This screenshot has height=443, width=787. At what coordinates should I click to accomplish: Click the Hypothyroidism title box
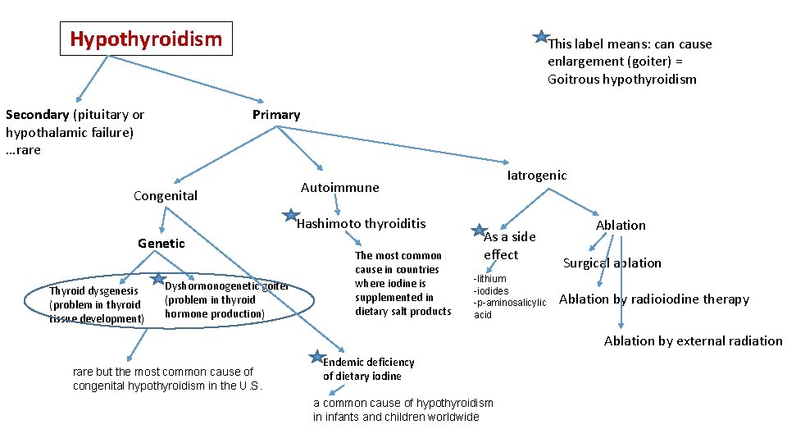(x=146, y=39)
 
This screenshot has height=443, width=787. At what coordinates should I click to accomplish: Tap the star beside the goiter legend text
(x=541, y=37)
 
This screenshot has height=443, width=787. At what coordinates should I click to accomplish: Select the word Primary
(x=276, y=115)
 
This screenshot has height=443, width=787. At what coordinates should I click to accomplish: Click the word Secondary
(x=37, y=115)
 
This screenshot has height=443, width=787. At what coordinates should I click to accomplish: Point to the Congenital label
(x=166, y=195)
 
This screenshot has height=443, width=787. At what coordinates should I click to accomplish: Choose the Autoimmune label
(x=340, y=187)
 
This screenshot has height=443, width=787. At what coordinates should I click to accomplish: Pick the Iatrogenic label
(x=537, y=175)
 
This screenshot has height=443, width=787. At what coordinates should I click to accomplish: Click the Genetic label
(x=161, y=243)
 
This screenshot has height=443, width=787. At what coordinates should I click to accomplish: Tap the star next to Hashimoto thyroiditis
(x=290, y=217)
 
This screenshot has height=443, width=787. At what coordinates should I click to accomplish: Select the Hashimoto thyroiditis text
(x=362, y=223)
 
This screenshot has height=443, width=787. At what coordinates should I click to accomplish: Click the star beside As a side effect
(x=480, y=231)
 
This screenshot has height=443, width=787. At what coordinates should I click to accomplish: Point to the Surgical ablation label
(x=612, y=263)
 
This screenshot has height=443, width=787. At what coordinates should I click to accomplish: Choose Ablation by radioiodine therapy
(x=654, y=299)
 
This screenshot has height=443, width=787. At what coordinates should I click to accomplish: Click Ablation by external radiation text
(x=694, y=340)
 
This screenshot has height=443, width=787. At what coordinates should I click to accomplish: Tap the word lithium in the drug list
(x=492, y=279)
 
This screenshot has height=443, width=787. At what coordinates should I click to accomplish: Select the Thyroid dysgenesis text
(x=93, y=290)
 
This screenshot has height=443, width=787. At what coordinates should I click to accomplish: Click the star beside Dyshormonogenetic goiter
(x=157, y=279)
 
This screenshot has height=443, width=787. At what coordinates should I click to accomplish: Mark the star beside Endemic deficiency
(x=316, y=357)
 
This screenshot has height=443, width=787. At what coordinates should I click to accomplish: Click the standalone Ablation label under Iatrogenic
(x=621, y=225)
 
